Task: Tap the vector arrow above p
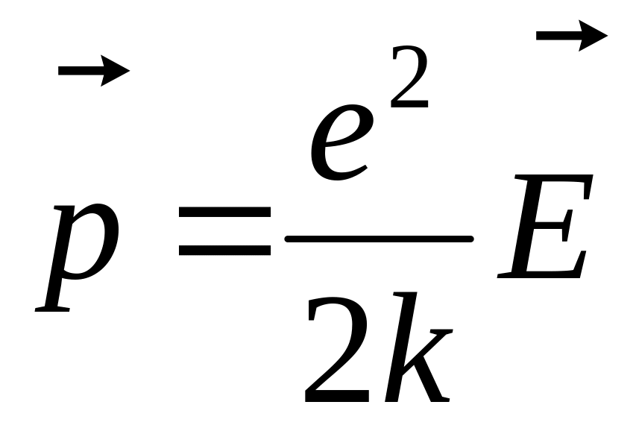pos(93,72)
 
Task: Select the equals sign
pos(224,233)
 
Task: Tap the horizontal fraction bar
pos(379,239)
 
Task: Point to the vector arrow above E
pos(571,35)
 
